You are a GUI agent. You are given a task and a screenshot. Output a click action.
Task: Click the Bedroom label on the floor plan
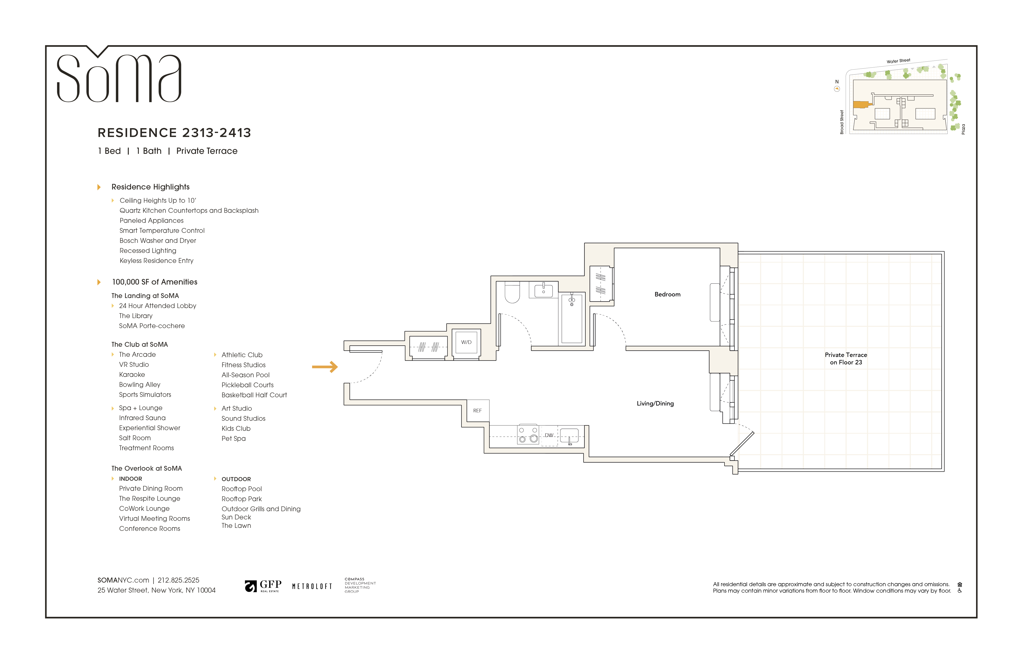[667, 294]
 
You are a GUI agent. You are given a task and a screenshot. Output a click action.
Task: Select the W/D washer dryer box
[466, 342]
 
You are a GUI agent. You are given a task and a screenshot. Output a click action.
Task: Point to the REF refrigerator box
[477, 411]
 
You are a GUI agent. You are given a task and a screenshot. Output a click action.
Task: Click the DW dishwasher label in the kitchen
[549, 435]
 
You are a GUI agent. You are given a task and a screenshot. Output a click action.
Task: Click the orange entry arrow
[325, 367]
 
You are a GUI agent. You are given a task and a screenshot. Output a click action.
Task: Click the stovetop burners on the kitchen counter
[528, 435]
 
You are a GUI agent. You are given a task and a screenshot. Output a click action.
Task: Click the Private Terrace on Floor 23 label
[845, 359]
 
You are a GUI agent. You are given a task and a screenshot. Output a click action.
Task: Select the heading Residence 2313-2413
[174, 133]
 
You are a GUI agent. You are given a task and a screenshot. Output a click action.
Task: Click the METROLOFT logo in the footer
[312, 586]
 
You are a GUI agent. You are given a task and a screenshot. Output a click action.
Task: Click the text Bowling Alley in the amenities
[140, 385]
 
